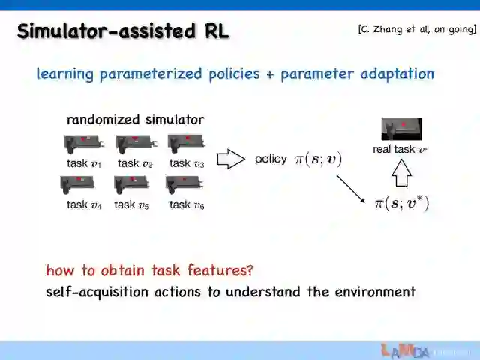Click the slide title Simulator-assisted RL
click(123, 31)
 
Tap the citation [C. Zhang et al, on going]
click(417, 30)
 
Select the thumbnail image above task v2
click(135, 142)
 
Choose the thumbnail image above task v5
click(131, 184)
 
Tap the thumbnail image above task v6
click(184, 184)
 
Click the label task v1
click(83, 163)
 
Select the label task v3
click(187, 163)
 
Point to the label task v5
click(131, 205)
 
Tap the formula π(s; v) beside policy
click(318, 159)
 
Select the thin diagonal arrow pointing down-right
click(349, 189)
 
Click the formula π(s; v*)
click(401, 203)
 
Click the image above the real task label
click(401, 129)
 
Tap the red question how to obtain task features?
click(150, 270)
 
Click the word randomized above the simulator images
click(103, 120)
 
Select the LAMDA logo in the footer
click(405, 350)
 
